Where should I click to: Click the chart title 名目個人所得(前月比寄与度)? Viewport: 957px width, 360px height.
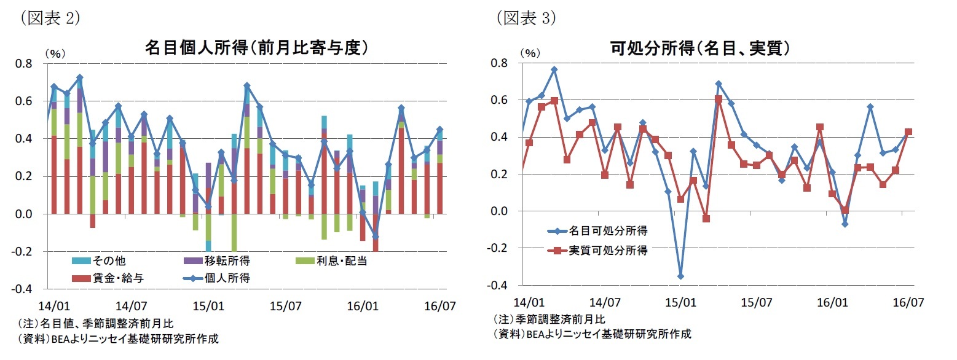(256, 48)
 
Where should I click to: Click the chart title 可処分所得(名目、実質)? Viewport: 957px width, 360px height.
(700, 48)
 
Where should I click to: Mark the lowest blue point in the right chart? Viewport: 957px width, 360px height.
(680, 276)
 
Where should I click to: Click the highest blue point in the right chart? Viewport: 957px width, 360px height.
(554, 69)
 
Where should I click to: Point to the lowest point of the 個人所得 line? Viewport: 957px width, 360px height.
(376, 236)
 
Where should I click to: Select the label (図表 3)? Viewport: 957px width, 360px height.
(526, 18)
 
